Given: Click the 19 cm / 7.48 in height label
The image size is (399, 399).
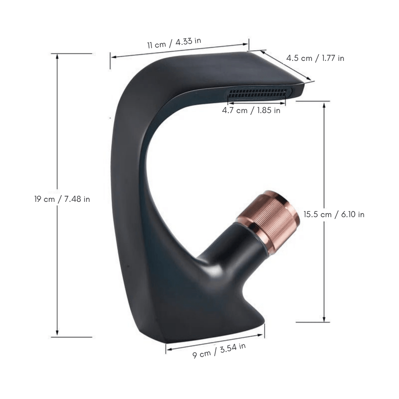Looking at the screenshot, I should [62, 199].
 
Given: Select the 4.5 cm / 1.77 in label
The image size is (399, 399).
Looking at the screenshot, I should [315, 58].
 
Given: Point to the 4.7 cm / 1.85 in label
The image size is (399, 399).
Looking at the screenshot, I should [251, 110].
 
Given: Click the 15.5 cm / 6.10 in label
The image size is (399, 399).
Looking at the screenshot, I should [334, 214].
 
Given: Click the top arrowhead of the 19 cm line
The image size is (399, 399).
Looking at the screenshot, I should [58, 56].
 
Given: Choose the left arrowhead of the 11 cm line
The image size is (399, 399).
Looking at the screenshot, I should [113, 57].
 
